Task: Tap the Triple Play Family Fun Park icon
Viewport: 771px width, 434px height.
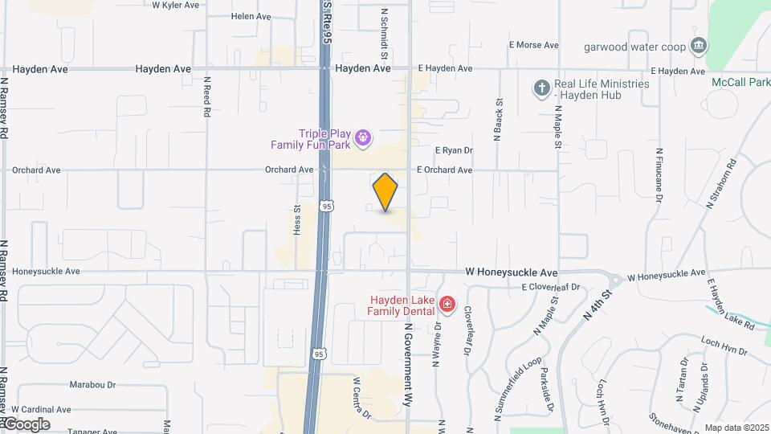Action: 363,139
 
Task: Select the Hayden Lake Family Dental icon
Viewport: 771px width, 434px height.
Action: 447,305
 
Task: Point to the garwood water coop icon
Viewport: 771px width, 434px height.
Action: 699,46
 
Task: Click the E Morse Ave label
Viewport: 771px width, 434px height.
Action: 533,45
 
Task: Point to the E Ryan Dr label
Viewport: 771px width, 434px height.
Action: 454,150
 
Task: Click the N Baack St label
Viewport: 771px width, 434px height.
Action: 498,121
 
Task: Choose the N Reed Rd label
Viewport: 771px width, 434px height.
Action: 206,96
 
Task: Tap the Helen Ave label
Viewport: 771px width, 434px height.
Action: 251,16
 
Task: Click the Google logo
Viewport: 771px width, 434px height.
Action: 26,424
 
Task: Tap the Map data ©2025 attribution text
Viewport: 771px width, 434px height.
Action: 736,428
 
